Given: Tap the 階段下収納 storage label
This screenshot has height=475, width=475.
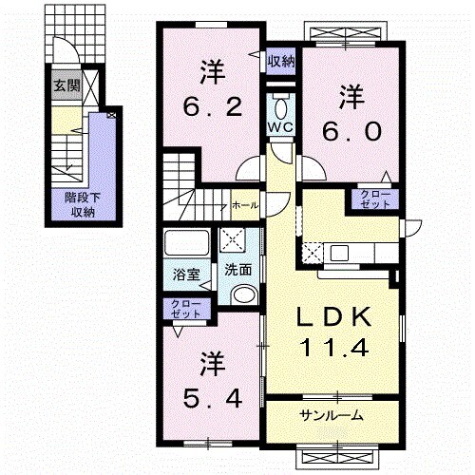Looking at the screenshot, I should (x=82, y=204).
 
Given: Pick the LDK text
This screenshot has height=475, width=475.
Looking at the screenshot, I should (x=330, y=314).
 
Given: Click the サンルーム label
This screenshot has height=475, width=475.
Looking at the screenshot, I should (x=331, y=416).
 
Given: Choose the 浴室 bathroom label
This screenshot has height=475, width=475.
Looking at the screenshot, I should (x=185, y=275).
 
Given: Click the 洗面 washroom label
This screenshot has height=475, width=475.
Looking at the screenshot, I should (x=237, y=269).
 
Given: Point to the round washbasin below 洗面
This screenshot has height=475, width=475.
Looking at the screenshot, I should (x=243, y=294).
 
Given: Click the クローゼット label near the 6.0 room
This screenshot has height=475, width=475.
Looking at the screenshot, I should (x=376, y=199).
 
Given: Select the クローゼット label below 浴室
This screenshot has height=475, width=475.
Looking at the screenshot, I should (x=185, y=308).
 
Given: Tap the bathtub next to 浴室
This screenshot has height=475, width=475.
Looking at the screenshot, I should (x=185, y=246).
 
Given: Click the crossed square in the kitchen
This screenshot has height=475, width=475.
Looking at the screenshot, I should (x=313, y=252).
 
